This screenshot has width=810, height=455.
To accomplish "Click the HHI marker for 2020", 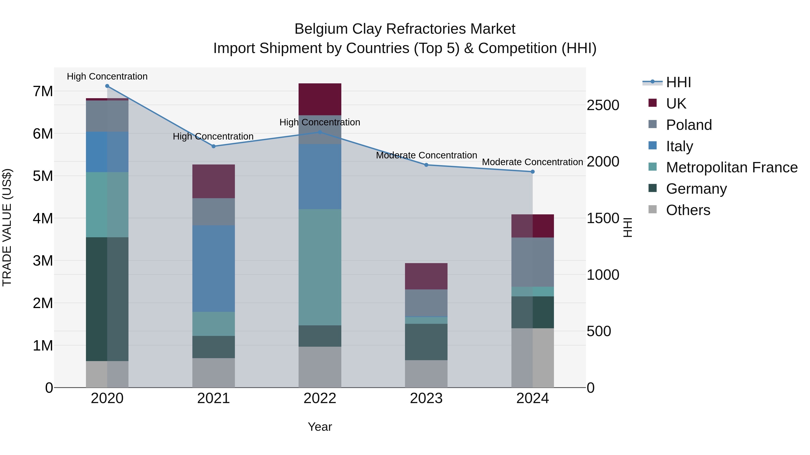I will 107,86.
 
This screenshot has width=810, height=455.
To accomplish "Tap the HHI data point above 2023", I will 426,165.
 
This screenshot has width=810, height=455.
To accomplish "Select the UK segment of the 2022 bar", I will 320,99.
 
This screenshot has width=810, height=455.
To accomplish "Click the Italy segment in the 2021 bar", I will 214,269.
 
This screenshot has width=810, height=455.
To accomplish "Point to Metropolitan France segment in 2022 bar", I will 320,267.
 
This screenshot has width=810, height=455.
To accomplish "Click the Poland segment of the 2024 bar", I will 533,262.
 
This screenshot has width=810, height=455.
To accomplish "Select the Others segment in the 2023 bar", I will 426,374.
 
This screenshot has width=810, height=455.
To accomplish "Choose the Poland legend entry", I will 689,125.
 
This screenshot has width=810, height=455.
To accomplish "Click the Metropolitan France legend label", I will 732,167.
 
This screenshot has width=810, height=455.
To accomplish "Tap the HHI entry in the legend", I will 678,82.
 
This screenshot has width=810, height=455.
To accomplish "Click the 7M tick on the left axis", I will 43,91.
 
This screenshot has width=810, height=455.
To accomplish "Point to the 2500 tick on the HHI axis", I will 603,105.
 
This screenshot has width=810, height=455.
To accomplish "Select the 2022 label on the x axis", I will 320,398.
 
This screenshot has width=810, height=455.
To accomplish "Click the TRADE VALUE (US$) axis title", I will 7,227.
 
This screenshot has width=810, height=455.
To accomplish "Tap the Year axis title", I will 320,427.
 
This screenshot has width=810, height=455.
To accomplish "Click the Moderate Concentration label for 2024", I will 532,162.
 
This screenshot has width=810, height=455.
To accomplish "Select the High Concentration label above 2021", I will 213,136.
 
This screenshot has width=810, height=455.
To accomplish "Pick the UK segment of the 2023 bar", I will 426,276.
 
